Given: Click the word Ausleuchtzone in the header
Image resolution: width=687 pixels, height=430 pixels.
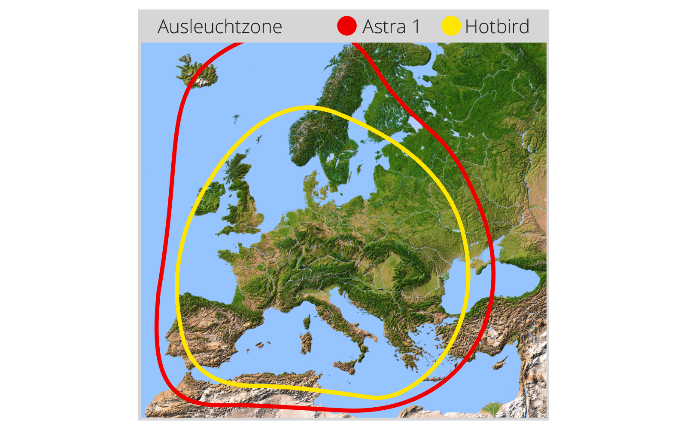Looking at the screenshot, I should (x=220, y=27).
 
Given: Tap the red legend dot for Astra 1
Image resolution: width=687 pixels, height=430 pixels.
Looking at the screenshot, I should (x=347, y=26).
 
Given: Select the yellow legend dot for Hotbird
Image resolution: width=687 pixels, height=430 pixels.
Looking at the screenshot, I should (x=451, y=26).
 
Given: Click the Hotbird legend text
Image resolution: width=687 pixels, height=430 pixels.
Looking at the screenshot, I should (x=497, y=27).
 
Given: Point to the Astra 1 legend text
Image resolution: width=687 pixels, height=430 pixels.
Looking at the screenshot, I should (x=391, y=27).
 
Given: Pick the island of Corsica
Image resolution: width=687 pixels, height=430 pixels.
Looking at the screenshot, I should (x=307, y=322).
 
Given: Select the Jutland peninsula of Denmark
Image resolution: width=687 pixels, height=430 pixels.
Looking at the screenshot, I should (x=311, y=189).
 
